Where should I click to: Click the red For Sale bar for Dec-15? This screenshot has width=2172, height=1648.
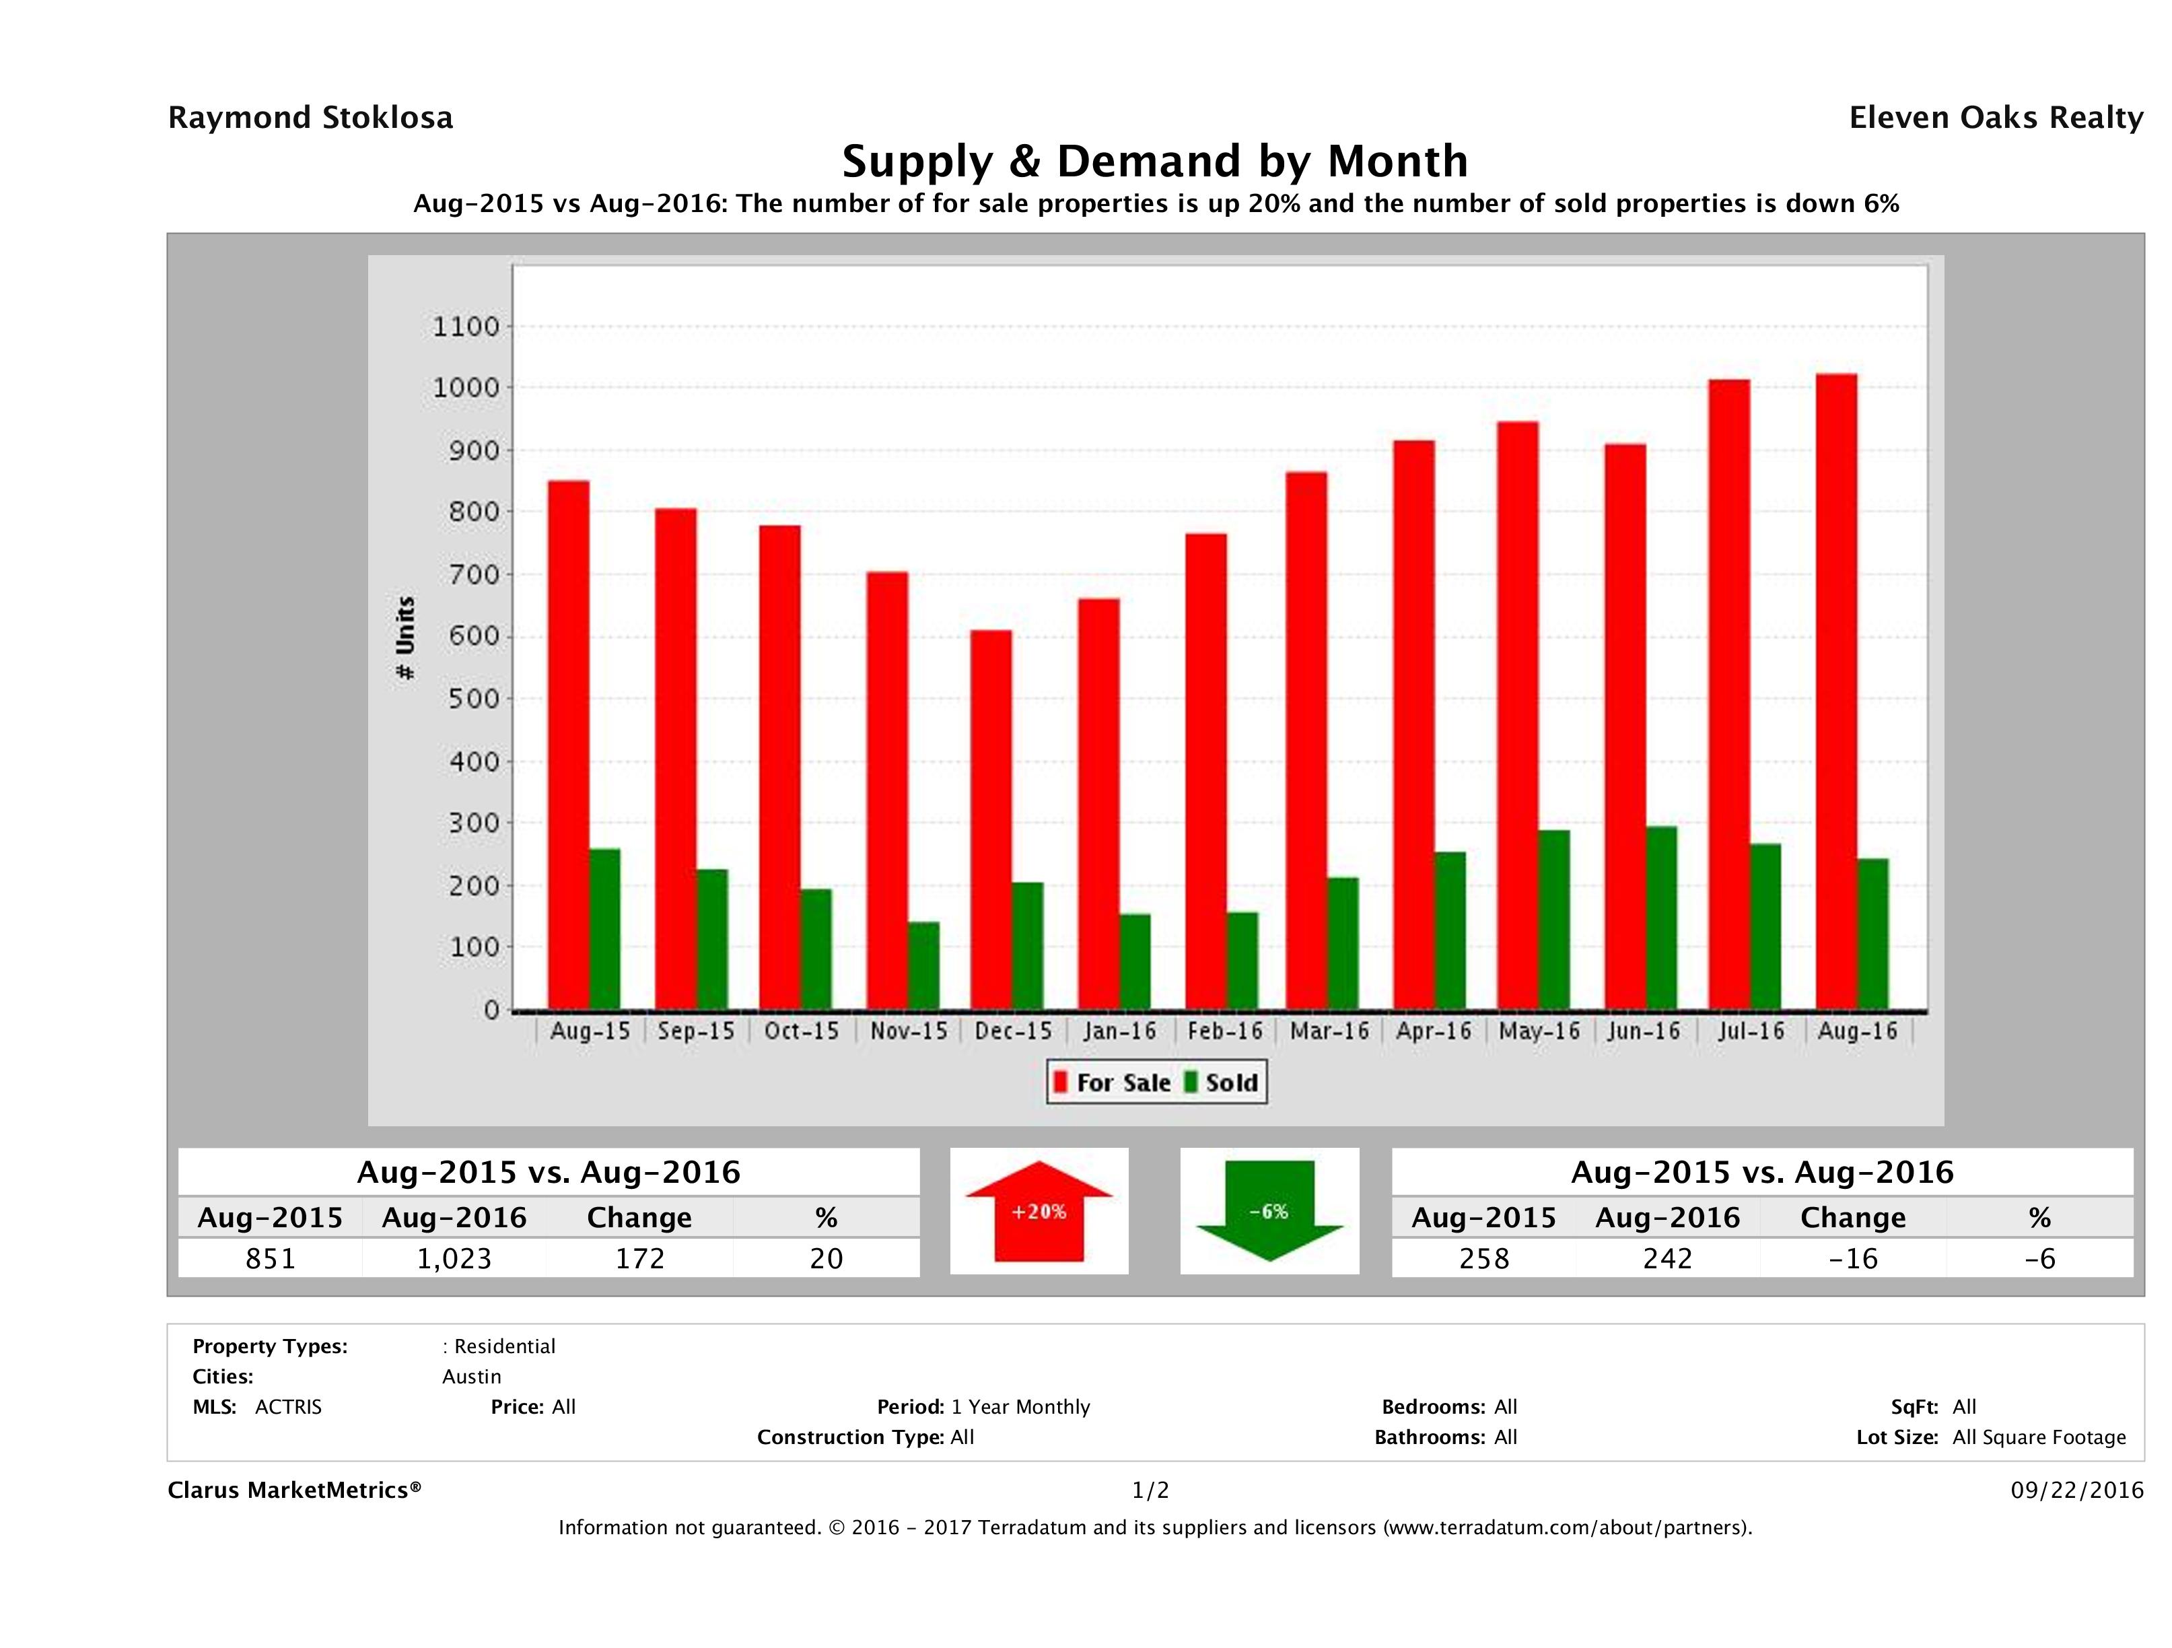point(991,820)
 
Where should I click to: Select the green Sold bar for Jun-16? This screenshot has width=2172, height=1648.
point(1661,918)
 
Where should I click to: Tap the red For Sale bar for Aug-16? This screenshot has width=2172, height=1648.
point(1835,693)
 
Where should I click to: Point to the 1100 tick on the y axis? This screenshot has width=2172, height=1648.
point(466,326)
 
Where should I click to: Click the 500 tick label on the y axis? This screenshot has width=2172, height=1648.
point(466,699)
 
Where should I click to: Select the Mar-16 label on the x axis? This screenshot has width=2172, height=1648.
point(1329,1031)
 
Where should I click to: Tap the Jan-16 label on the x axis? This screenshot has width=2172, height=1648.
point(1119,1031)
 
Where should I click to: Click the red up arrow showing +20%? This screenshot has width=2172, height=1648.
point(1039,1211)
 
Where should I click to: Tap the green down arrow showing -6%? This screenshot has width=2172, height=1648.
point(1269,1211)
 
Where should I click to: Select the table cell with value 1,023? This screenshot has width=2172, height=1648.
point(454,1259)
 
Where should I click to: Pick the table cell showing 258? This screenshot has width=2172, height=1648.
point(1483,1259)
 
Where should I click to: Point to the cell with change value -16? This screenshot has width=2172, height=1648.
point(1853,1259)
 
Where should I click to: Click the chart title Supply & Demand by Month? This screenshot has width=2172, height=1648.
point(1155,161)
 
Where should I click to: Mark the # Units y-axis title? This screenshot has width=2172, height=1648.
point(405,638)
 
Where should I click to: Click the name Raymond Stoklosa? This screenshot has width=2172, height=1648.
point(310,118)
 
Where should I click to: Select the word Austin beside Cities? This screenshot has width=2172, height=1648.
point(471,1377)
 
